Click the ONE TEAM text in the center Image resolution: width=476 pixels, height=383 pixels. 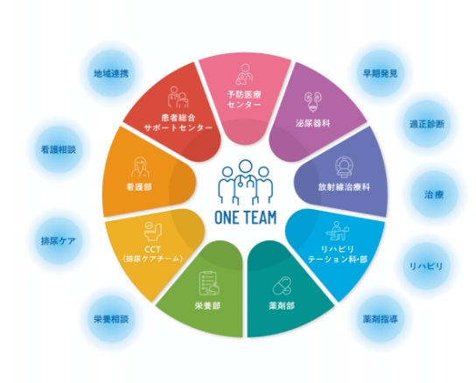246,218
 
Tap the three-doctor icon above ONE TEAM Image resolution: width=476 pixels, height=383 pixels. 245,182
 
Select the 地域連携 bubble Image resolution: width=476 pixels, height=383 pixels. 111,73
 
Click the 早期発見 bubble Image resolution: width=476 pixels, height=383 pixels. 380,73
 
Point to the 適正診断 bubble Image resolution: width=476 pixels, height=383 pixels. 427,124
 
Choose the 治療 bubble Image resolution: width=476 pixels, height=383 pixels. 434,194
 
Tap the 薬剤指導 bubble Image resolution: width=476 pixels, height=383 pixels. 380,319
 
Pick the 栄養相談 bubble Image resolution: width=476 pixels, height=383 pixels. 111,319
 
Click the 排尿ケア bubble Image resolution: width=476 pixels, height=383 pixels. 59,240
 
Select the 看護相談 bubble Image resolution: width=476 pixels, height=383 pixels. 59,150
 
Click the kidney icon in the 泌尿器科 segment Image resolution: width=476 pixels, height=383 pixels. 313,102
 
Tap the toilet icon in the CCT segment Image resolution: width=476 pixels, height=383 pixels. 153,231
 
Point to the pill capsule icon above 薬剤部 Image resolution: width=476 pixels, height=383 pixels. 282,286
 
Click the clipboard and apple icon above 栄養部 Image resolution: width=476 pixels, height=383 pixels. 209,283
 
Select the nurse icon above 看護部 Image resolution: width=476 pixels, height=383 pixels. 140,167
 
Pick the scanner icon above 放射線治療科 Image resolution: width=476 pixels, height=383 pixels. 344,167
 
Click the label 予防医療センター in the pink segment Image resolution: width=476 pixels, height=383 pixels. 244,100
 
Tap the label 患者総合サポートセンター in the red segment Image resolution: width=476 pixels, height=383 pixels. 178,122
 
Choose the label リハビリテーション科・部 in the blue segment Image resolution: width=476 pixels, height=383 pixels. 338,254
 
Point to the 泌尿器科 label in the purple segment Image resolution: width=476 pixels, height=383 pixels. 313,123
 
